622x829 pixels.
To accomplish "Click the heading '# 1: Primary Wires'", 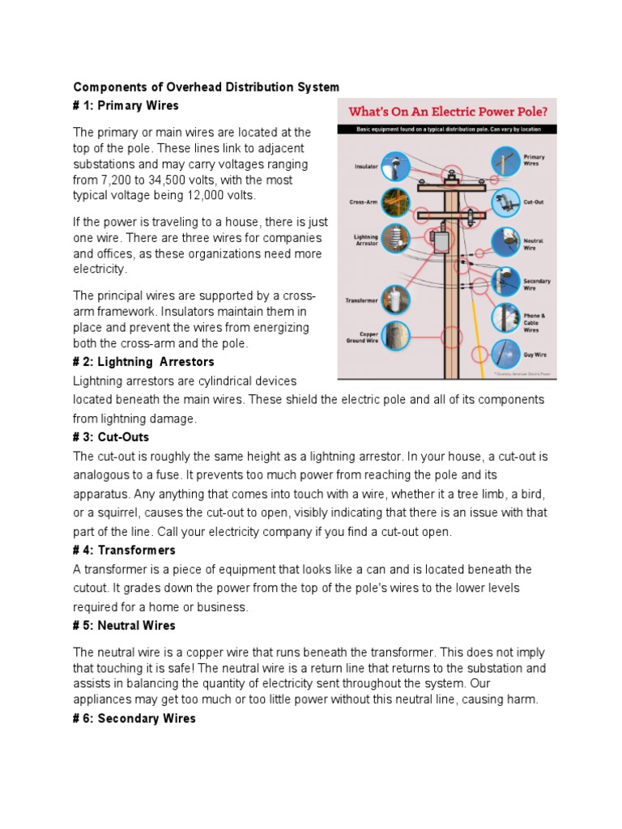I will [x=126, y=106].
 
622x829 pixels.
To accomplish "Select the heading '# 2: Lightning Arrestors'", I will [x=143, y=362].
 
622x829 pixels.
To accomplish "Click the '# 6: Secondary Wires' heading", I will [x=134, y=718].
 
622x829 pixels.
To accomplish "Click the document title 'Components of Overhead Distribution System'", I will [x=207, y=87].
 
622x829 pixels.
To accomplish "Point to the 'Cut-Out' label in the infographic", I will [x=533, y=202].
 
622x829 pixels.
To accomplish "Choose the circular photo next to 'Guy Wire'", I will [x=505, y=353].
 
